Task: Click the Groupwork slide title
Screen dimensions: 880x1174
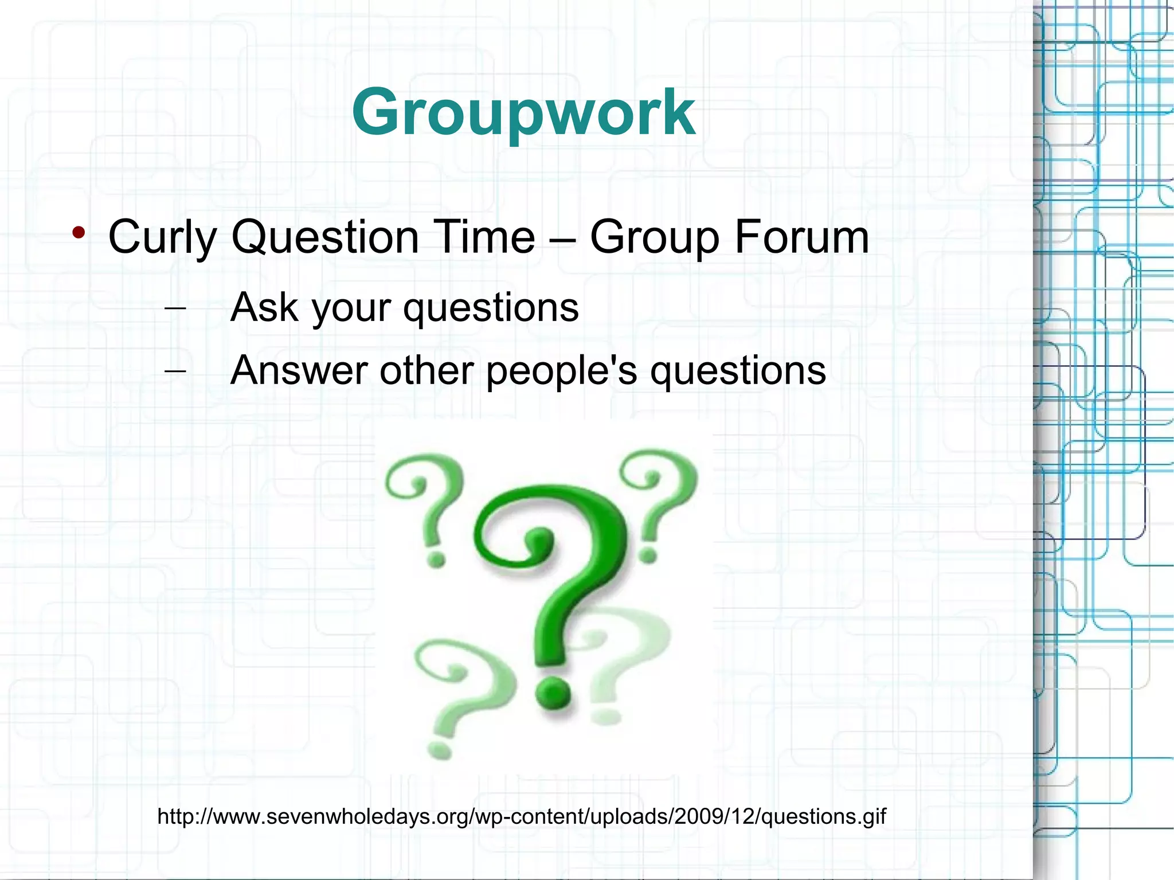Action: [x=523, y=112]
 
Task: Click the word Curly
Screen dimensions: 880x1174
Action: [x=162, y=237]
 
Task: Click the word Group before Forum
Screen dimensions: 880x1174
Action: [x=654, y=237]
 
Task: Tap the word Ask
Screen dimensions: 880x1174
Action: [x=264, y=307]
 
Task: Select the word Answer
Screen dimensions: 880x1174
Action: [x=299, y=370]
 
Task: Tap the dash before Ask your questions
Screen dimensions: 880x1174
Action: [x=175, y=308]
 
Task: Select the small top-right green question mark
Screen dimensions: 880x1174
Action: [x=659, y=499]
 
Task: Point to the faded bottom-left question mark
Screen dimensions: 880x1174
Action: [x=453, y=694]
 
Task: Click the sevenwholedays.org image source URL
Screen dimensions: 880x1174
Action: [x=522, y=816]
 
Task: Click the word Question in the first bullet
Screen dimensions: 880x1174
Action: [x=325, y=236]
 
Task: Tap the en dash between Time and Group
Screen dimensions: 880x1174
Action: [x=562, y=237]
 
